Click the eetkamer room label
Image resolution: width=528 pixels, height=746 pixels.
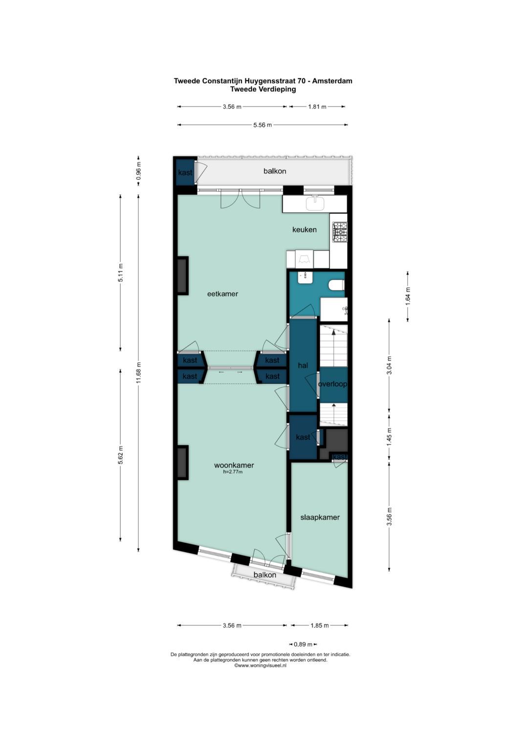click(222, 294)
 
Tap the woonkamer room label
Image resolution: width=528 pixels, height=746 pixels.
click(234, 465)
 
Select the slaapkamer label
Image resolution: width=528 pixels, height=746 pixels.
click(320, 517)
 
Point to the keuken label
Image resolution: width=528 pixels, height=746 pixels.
click(304, 230)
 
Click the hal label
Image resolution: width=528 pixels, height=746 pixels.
click(303, 365)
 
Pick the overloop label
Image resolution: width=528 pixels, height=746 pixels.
click(332, 384)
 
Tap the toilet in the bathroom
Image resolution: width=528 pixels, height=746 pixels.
click(336, 286)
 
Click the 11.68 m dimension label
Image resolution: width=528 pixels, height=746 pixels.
click(139, 373)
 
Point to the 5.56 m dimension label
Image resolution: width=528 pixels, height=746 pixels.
click(263, 125)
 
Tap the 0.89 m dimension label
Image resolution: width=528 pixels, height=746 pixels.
click(303, 644)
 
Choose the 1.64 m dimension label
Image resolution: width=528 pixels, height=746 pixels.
click(409, 296)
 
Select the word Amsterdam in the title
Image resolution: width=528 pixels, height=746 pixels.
click(332, 81)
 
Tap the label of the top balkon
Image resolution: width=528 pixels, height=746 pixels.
click(275, 171)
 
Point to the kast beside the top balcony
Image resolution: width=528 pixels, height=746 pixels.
click(185, 172)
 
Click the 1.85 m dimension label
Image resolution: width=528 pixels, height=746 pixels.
click(320, 625)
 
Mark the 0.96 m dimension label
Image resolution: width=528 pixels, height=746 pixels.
click(139, 171)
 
